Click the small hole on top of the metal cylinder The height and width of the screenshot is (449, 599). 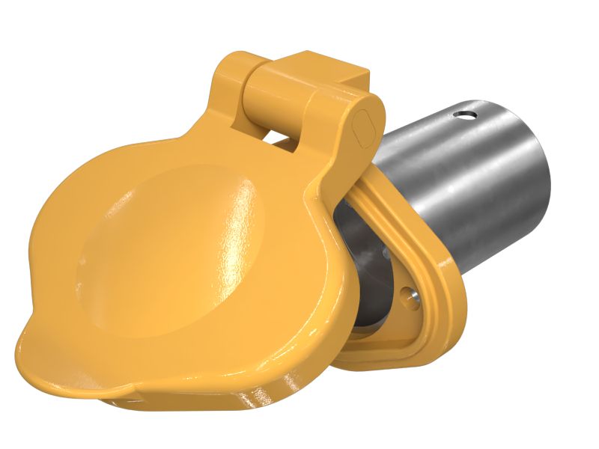tap(466, 114)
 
